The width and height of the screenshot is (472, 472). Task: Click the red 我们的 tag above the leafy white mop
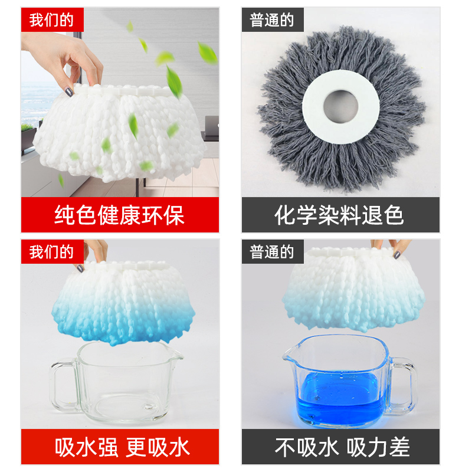51,19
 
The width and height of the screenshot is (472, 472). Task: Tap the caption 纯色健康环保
120,215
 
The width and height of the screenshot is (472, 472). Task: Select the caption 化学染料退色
340,215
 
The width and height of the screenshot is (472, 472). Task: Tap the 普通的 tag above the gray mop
272,19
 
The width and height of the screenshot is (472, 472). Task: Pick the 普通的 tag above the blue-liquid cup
272,252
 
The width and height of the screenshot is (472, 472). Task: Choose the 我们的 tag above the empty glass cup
51,252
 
